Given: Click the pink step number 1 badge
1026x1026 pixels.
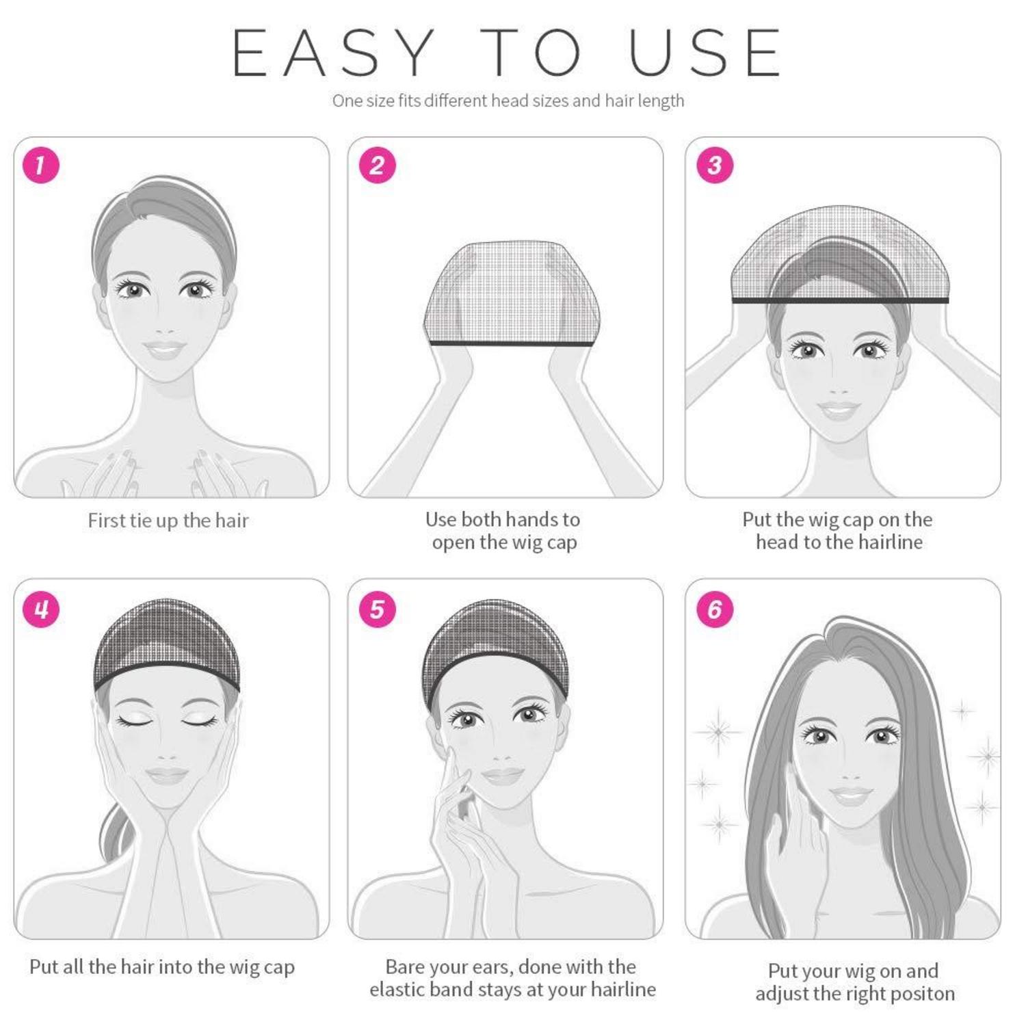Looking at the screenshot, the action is pos(41,165).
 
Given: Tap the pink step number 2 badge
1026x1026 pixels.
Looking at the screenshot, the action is pos(377,165).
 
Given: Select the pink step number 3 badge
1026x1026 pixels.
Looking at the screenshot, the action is pos(715,165).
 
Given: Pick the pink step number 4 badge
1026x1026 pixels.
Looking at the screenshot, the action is pos(41,609).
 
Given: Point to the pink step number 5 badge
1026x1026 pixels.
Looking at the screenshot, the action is pos(377,609).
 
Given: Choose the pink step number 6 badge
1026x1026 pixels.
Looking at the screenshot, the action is pos(715,609).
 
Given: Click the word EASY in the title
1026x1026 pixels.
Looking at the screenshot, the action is pos(334,53).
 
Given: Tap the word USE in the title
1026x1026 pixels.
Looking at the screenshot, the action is pos(705,53).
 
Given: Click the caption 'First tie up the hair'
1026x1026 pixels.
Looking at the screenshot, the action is pos(168,521).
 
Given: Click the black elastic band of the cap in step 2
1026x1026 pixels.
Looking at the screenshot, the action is pos(512,343).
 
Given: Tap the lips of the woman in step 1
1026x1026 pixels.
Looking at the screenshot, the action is pos(164,349).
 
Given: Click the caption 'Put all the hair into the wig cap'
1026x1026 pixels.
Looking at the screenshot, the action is pos(162,967).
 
